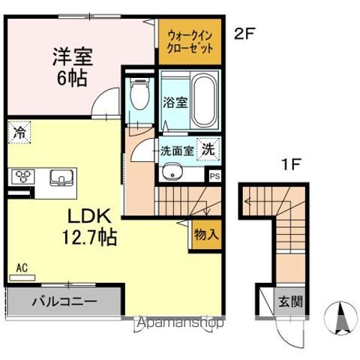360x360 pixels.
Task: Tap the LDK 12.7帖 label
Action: tap(92, 227)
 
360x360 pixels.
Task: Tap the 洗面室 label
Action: tap(177, 149)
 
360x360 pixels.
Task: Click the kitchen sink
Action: tap(59, 178)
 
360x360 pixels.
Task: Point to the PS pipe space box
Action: tap(215, 177)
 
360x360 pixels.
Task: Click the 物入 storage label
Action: tap(206, 233)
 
